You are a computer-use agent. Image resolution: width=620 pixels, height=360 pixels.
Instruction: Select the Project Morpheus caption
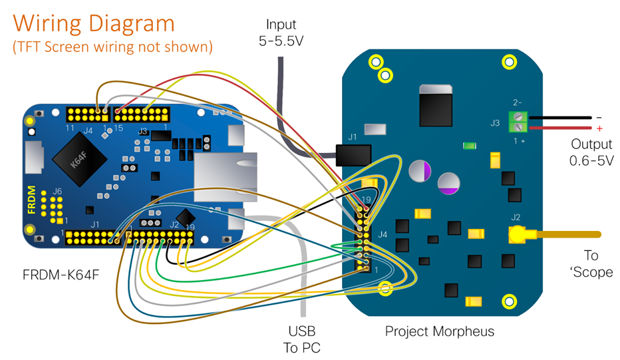tap(440, 331)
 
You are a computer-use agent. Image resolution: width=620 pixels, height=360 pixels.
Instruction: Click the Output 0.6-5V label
tap(591, 152)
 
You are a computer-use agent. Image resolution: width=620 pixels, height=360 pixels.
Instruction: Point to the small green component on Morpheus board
tap(471, 145)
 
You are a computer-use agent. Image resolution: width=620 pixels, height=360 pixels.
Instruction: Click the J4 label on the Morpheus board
tap(382, 234)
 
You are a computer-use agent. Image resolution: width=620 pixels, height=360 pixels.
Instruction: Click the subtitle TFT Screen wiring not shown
tap(112, 47)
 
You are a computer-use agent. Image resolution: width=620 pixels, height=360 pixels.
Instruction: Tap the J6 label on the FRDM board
tap(57, 192)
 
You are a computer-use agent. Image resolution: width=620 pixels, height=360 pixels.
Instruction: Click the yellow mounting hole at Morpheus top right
tap(509, 62)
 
